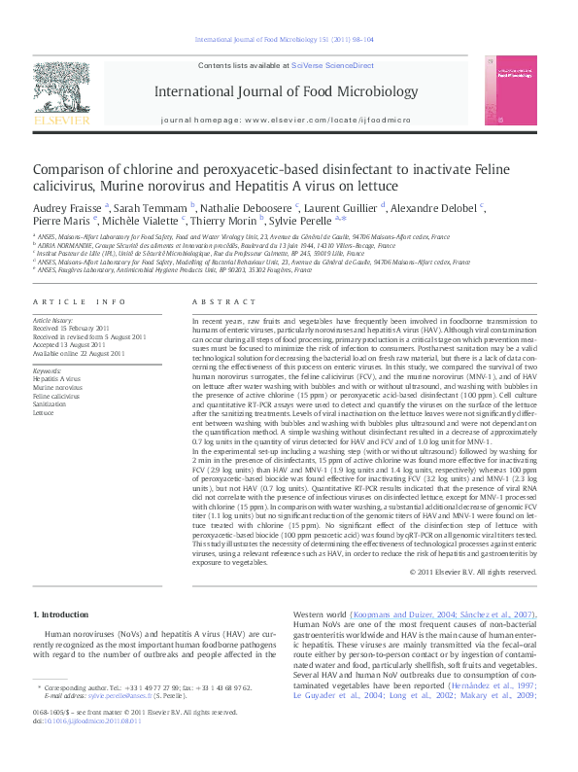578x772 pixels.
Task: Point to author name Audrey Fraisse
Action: (x=67, y=207)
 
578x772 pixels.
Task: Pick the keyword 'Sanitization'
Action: (x=51, y=404)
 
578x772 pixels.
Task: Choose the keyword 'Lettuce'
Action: (x=45, y=412)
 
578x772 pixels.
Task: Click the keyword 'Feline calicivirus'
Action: (x=56, y=397)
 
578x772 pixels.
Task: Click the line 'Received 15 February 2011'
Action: (x=74, y=328)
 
